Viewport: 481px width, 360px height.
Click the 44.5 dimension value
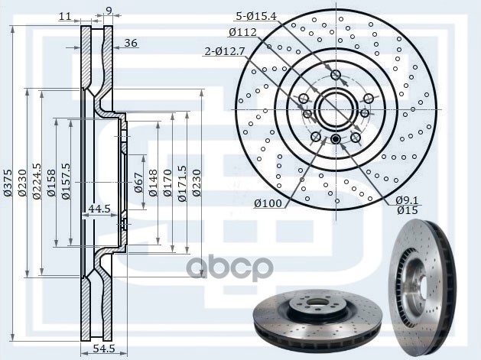pos(99,208)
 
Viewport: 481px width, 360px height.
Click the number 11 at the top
pos(64,15)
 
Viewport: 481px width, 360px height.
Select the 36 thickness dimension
pos(130,44)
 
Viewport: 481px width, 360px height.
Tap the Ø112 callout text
pos(242,32)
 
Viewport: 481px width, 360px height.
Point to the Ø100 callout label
pos(268,203)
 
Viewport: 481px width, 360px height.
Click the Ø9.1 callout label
pos(406,200)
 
